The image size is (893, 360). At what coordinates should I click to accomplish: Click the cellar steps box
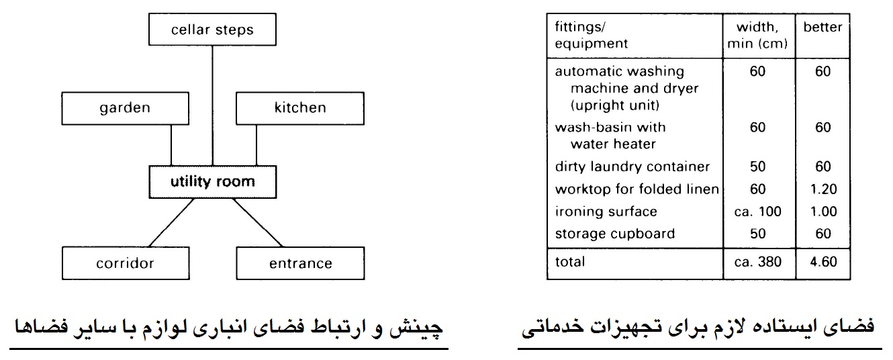pyautogui.click(x=212, y=30)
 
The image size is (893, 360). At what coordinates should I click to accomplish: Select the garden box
pyautogui.click(x=125, y=108)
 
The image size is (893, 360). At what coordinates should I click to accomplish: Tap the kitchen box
pyautogui.click(x=299, y=108)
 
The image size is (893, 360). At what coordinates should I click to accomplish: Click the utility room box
pyautogui.click(x=212, y=182)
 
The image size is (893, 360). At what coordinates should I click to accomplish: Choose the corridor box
pyautogui.click(x=126, y=263)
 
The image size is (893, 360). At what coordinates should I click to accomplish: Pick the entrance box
pyautogui.click(x=300, y=263)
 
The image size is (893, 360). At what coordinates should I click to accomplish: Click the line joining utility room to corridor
pyautogui.click(x=171, y=222)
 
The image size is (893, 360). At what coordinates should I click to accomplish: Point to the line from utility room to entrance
pyautogui.click(x=258, y=222)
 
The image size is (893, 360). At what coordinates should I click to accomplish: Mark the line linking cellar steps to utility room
pyautogui.click(x=212, y=105)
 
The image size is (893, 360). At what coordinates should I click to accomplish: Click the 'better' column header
pyautogui.click(x=822, y=27)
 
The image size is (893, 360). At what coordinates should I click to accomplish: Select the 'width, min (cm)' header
pyautogui.click(x=757, y=35)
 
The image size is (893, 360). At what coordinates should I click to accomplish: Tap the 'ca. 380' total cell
pyautogui.click(x=757, y=261)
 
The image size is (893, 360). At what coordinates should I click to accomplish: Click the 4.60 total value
pyautogui.click(x=823, y=261)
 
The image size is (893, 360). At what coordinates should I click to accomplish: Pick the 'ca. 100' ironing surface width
pyautogui.click(x=757, y=212)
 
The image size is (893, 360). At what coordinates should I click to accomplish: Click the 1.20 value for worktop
pyautogui.click(x=823, y=189)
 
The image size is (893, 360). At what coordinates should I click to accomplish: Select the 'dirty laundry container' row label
pyautogui.click(x=632, y=167)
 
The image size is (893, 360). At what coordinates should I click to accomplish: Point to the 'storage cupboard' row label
pyautogui.click(x=615, y=234)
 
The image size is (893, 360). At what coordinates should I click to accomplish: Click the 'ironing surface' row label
pyautogui.click(x=606, y=212)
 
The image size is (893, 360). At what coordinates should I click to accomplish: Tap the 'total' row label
pyautogui.click(x=569, y=261)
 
